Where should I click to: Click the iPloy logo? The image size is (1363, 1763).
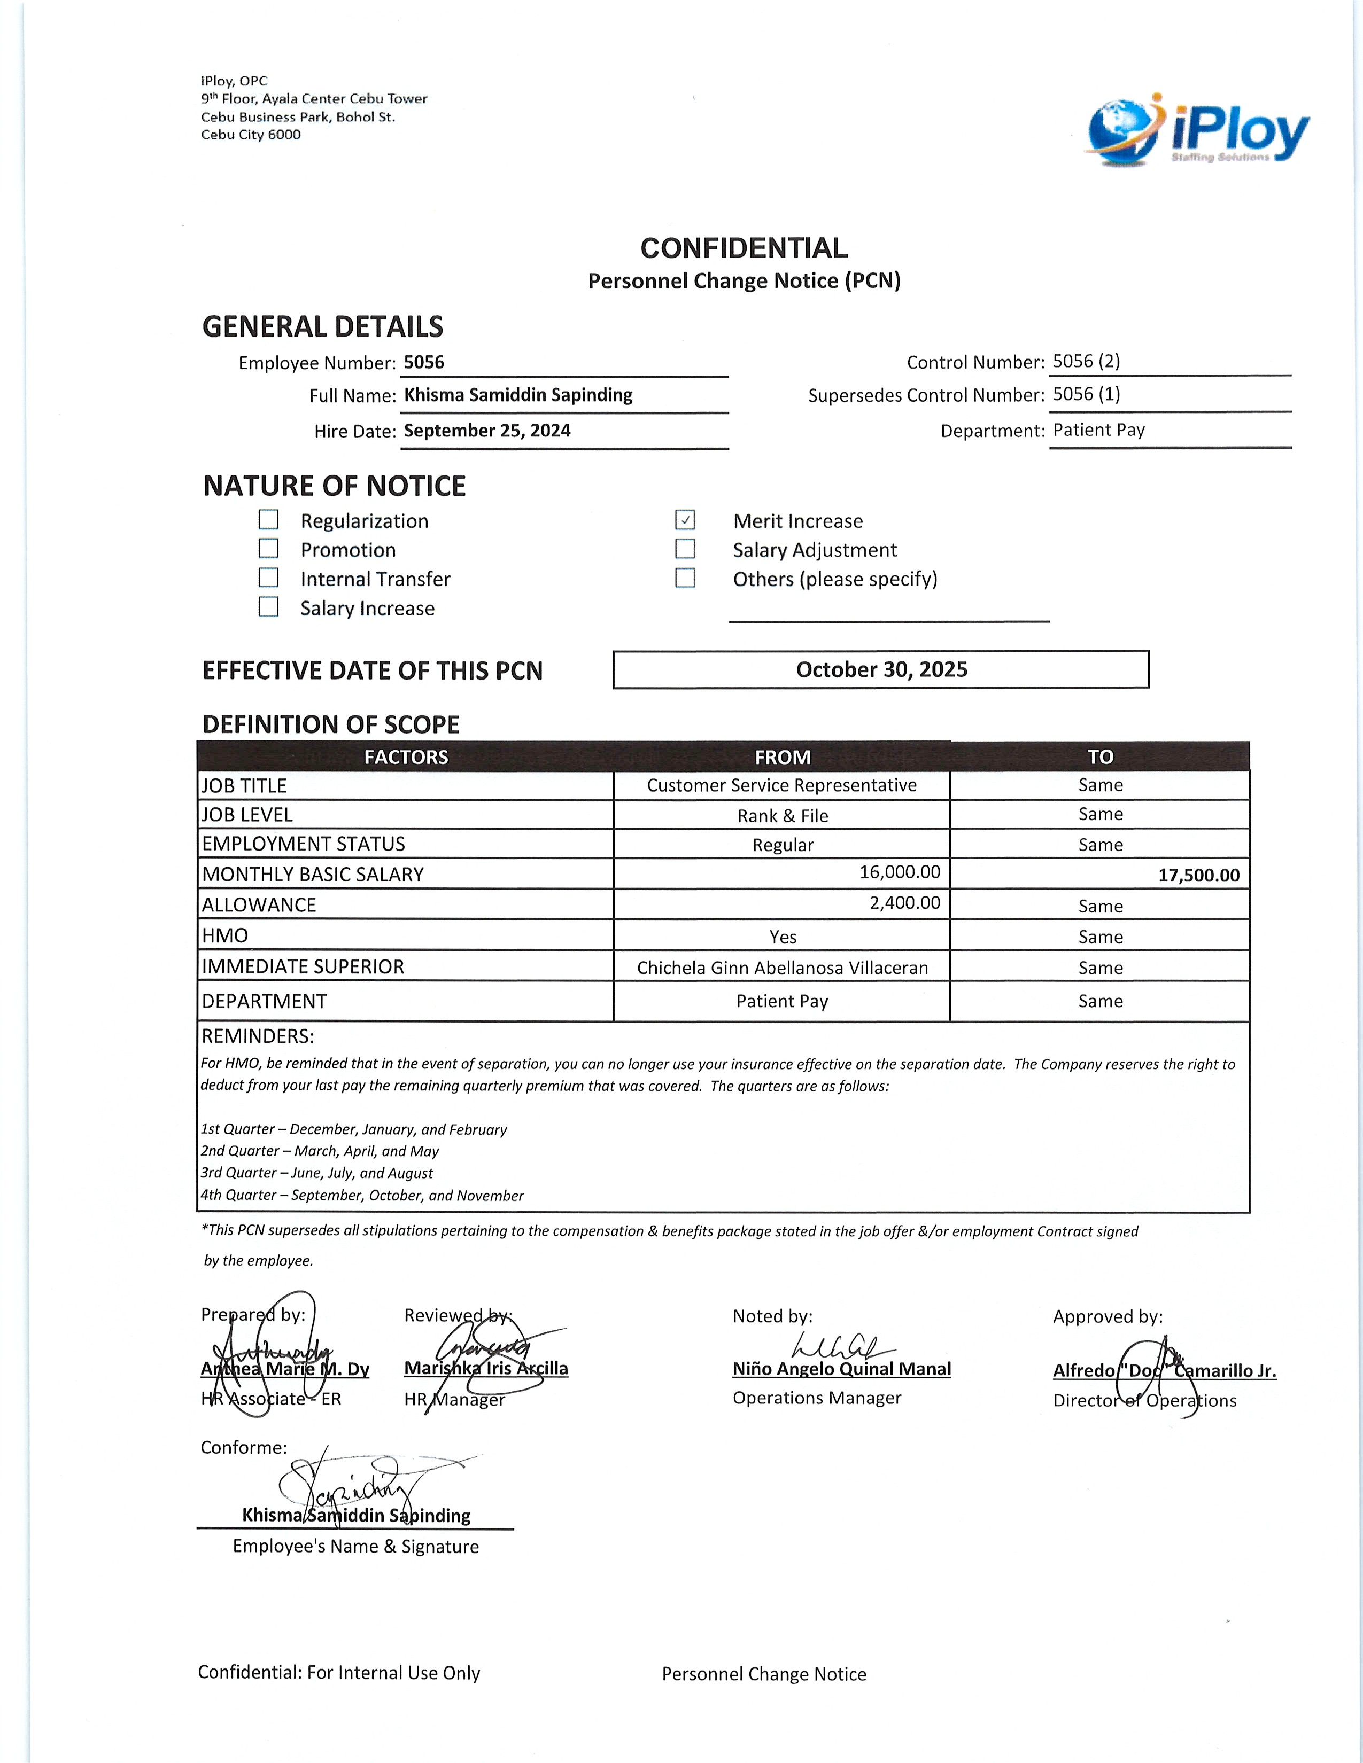click(1198, 131)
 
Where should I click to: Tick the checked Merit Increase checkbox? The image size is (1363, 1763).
click(685, 520)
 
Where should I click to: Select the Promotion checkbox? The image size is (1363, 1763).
click(268, 549)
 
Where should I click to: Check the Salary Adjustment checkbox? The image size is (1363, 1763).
click(685, 549)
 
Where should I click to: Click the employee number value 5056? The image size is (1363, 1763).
click(424, 362)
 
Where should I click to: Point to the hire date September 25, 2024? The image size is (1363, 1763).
click(487, 430)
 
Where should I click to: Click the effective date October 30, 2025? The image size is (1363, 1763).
click(881, 669)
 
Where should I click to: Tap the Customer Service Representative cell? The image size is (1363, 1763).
click(781, 785)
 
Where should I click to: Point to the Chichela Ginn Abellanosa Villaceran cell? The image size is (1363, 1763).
click(781, 967)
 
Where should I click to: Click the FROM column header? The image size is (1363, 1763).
click(781, 757)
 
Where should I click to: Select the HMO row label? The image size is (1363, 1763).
click(224, 935)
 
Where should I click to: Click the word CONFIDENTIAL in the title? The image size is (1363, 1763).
click(744, 248)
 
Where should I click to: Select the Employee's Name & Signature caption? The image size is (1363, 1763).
click(355, 1547)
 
